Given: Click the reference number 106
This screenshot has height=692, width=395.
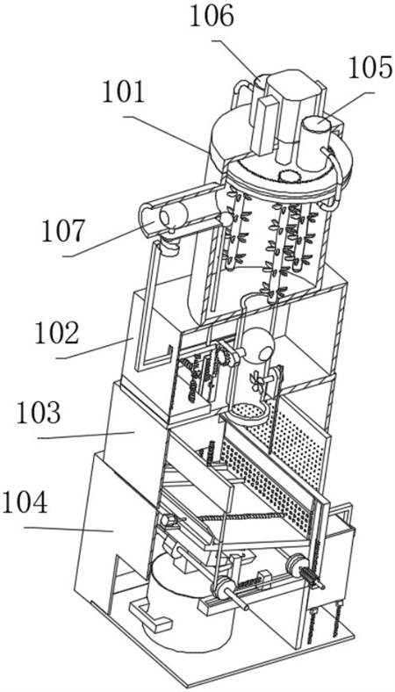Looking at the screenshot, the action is point(212,18).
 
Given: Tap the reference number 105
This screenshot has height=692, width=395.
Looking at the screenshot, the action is point(370,68).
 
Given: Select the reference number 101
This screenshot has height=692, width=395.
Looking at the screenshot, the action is point(124,94).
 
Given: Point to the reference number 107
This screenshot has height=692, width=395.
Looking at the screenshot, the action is point(62,232).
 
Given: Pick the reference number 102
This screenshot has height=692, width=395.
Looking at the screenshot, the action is point(57,335).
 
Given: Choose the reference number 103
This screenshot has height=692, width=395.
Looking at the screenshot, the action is point(38,414).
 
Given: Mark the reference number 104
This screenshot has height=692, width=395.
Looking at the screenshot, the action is point(25,503).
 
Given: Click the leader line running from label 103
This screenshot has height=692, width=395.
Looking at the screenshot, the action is point(86,436).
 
